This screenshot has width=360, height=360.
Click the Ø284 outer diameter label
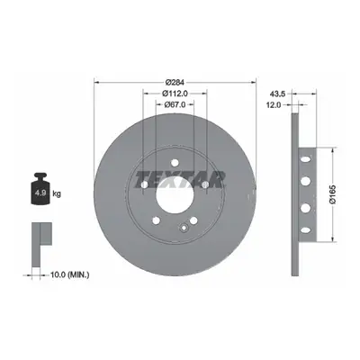(x=175, y=82)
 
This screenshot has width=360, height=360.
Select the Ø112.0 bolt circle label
(x=175, y=94)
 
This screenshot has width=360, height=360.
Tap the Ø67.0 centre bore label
(x=175, y=104)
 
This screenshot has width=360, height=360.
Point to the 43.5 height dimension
(x=277, y=94)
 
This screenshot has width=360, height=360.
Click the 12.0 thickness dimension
(x=274, y=104)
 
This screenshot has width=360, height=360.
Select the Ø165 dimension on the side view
(x=333, y=194)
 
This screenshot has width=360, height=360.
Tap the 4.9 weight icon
(x=40, y=189)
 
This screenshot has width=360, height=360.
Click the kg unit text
(x=57, y=193)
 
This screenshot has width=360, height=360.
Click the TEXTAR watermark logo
(x=180, y=180)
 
